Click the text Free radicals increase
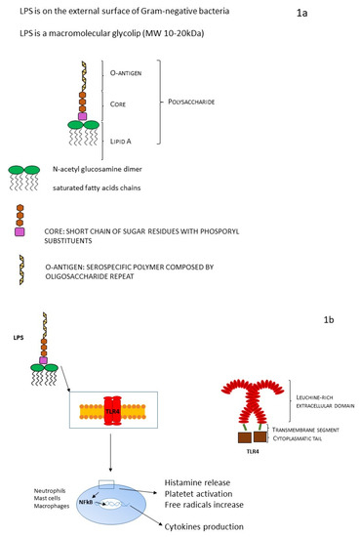click(211, 495)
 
